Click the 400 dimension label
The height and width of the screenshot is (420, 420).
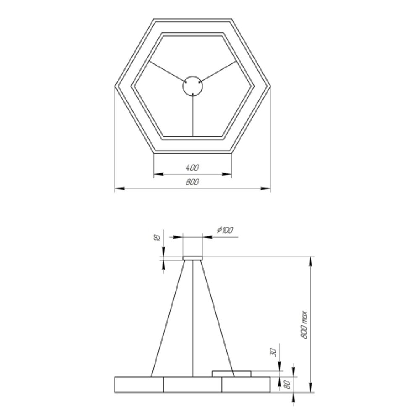[x=192, y=168]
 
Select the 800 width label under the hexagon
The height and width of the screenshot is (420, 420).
[x=192, y=182]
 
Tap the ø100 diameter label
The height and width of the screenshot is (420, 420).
[x=225, y=230]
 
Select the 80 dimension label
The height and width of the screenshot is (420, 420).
[x=288, y=384]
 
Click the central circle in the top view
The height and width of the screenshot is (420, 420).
[x=193, y=86]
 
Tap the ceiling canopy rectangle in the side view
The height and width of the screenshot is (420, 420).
[x=193, y=258]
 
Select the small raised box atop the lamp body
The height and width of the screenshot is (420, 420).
[x=231, y=373]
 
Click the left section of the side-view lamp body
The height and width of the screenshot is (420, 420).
[x=139, y=385]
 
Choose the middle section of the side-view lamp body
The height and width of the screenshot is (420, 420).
[x=193, y=385]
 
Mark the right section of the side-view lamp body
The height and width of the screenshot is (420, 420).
[x=246, y=385]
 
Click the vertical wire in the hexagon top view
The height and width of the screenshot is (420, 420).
[x=193, y=115]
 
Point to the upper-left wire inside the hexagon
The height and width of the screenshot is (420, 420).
[x=166, y=71]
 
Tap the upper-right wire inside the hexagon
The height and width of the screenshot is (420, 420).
[x=219, y=71]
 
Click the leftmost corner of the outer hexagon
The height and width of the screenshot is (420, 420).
[x=115, y=87]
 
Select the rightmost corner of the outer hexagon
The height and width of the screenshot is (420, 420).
[x=270, y=87]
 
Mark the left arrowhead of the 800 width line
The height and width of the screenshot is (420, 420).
[x=118, y=189]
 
